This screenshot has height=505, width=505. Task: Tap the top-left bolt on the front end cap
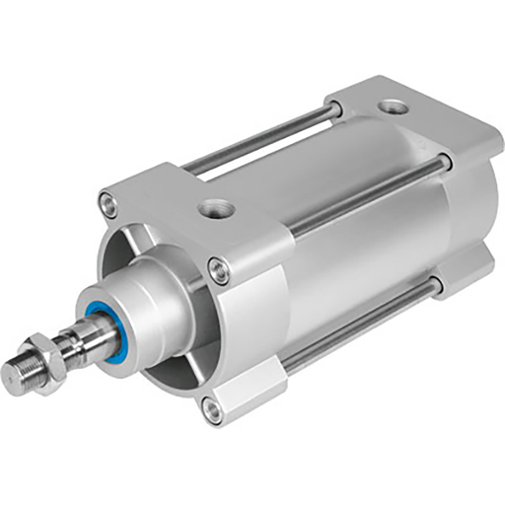pyautogui.click(x=108, y=205)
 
